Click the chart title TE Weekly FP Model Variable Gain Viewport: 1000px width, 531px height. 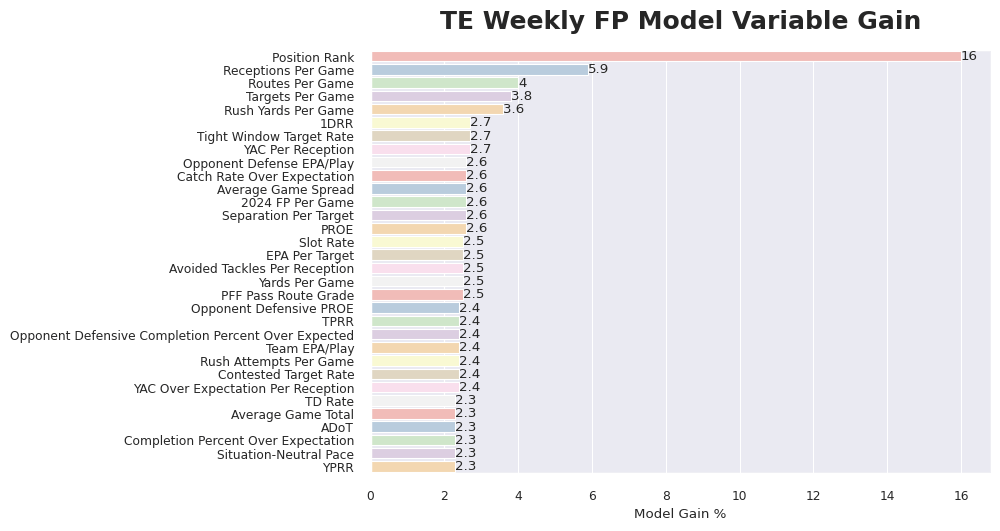click(680, 21)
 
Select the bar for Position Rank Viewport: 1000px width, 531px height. click(665, 57)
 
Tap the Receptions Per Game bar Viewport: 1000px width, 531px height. click(479, 70)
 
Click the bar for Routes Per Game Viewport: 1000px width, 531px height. click(444, 83)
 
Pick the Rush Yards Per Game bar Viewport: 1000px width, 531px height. click(437, 110)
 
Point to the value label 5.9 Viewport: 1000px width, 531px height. click(598, 70)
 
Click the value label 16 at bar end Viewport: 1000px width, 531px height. click(969, 57)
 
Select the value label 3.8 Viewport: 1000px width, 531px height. click(521, 97)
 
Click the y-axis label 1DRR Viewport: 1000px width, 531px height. click(337, 123)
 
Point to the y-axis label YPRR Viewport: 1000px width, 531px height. click(338, 467)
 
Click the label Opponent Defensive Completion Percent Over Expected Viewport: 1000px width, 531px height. click(182, 335)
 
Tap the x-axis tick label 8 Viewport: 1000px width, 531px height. click(666, 495)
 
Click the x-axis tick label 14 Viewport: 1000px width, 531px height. click(887, 495)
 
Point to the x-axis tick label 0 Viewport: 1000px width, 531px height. click(371, 495)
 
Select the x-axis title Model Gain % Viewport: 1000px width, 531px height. click(680, 514)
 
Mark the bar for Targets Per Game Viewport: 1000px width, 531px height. click(440, 97)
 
